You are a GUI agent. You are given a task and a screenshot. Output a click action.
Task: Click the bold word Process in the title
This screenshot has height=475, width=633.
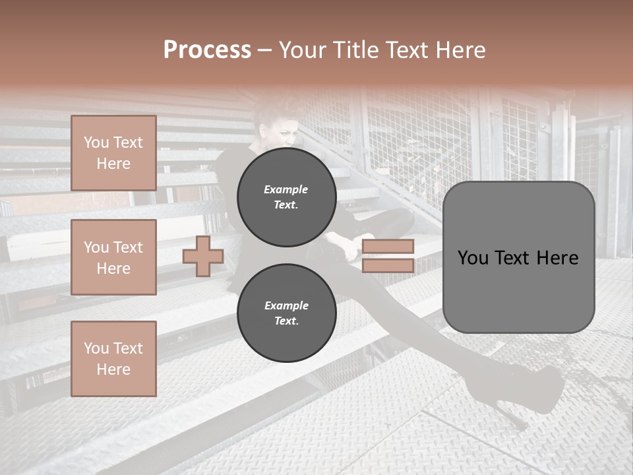tap(207, 50)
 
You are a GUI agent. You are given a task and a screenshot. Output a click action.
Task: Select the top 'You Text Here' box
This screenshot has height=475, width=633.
tap(113, 153)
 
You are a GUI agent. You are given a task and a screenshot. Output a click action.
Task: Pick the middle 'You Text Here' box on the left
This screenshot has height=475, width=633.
tap(113, 257)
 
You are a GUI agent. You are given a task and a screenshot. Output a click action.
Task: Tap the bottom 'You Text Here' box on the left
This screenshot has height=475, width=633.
tap(113, 359)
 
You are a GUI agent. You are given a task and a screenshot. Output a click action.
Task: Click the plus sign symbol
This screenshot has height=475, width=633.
tap(203, 256)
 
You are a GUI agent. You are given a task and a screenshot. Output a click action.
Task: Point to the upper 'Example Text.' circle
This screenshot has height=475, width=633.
tap(286, 197)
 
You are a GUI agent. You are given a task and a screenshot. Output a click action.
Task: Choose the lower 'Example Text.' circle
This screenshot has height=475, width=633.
tap(286, 313)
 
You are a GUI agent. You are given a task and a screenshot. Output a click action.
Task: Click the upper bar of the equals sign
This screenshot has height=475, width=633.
tap(388, 246)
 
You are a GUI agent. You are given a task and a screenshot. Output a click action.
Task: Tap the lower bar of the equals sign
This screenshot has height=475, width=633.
tap(388, 266)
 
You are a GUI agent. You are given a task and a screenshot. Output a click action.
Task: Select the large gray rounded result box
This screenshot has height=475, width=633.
tap(518, 257)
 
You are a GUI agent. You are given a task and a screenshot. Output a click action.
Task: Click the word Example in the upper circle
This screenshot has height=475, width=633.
tap(286, 190)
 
